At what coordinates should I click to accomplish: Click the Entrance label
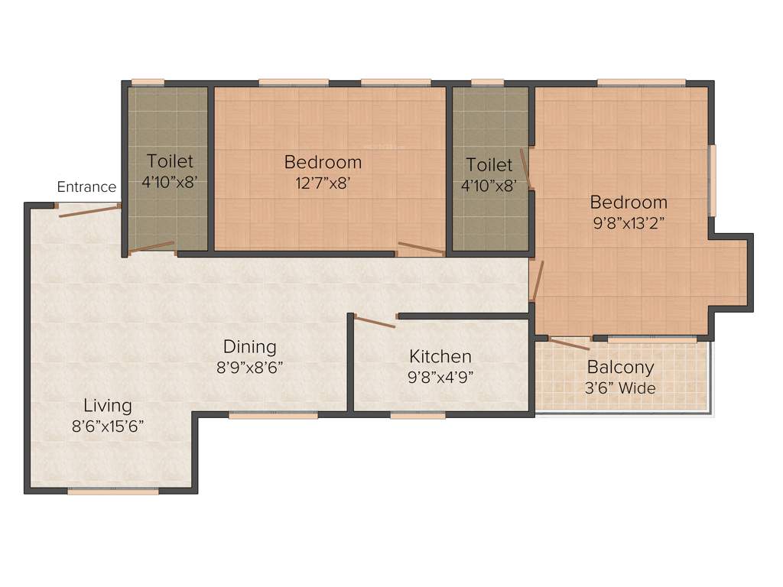(x=86, y=186)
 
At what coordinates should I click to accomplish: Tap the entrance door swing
(x=89, y=210)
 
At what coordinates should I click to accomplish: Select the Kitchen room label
(x=440, y=356)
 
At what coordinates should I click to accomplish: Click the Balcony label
(x=620, y=367)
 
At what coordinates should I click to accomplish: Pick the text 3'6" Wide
(x=620, y=388)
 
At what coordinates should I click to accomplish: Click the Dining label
(x=250, y=347)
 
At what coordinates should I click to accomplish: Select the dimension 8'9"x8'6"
(x=250, y=367)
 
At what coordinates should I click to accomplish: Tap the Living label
(x=108, y=405)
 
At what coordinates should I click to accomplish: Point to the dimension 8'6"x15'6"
(x=108, y=426)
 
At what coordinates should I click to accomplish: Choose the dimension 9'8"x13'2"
(x=629, y=223)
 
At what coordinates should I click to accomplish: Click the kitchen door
(x=374, y=322)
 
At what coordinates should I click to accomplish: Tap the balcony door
(x=569, y=343)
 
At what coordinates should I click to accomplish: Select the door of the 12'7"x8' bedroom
(x=421, y=248)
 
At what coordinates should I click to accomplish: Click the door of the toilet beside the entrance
(x=152, y=247)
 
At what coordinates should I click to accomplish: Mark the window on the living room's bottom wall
(x=113, y=491)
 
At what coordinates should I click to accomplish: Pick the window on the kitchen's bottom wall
(x=417, y=415)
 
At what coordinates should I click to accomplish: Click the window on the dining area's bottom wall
(x=273, y=415)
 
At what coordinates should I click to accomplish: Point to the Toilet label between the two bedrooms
(x=489, y=165)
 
